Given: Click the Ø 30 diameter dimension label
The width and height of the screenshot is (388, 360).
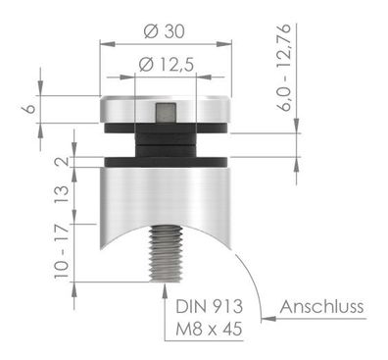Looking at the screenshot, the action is click(x=164, y=31).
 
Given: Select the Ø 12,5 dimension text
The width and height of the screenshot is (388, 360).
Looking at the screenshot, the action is click(x=167, y=64).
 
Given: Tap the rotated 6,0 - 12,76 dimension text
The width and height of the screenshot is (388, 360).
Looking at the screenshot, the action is click(x=283, y=68).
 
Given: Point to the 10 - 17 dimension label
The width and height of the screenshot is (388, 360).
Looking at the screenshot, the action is click(x=62, y=251).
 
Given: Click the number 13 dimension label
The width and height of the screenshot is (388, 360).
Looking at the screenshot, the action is click(x=62, y=194).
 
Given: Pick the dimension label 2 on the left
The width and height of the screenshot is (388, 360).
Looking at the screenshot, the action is click(x=64, y=162).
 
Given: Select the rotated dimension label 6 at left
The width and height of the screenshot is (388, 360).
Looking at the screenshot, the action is click(x=29, y=109).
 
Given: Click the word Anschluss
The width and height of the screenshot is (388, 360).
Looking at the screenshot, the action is click(x=321, y=307).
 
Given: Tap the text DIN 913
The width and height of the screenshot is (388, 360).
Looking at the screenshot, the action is click(x=210, y=306).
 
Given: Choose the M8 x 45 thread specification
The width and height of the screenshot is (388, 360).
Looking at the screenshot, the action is click(x=209, y=329).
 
